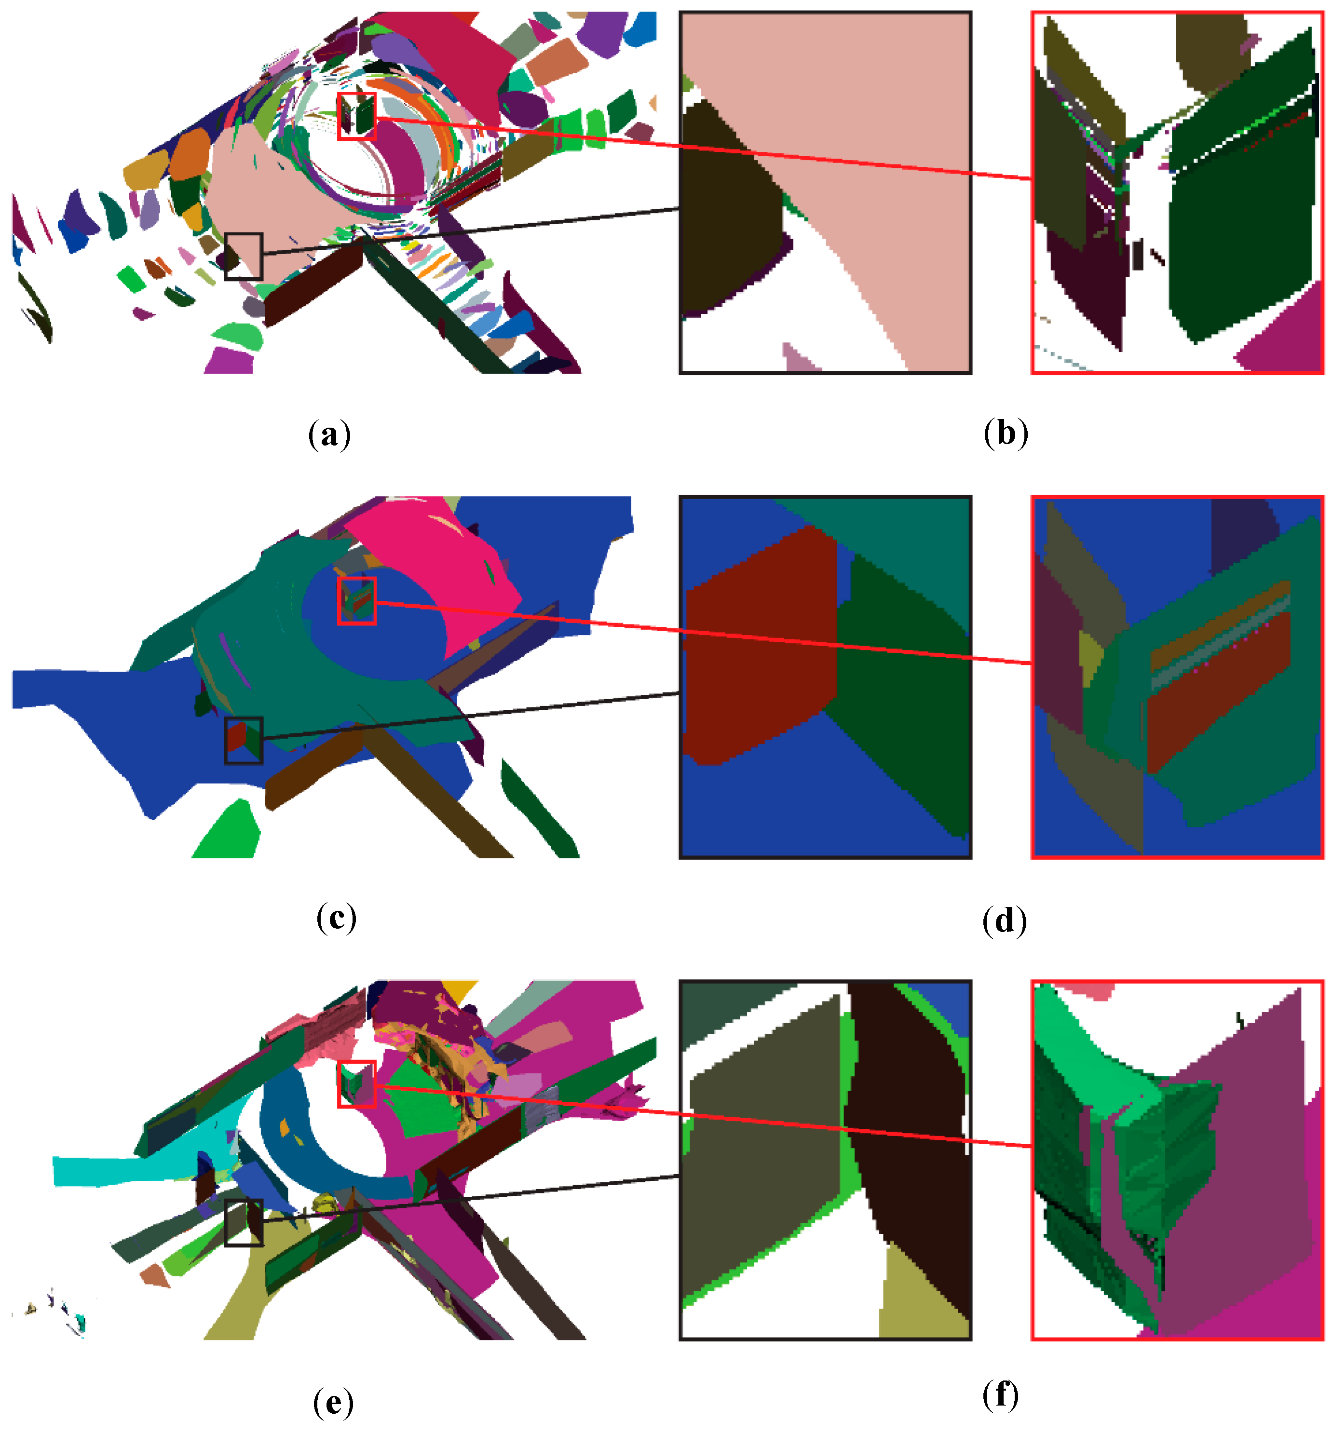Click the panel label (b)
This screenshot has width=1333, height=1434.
tap(1005, 433)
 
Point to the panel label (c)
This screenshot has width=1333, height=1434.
tap(336, 918)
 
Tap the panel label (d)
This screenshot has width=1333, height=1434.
tap(1004, 920)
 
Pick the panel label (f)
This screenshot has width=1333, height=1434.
tap(1000, 1395)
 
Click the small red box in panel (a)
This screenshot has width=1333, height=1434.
tap(357, 115)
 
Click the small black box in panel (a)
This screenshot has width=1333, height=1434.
tap(243, 256)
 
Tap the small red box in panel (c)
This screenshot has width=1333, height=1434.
tap(357, 600)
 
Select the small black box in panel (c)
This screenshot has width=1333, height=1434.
tap(243, 740)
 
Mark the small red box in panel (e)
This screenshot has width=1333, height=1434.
tap(357, 1083)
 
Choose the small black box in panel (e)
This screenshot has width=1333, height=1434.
tap(243, 1223)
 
